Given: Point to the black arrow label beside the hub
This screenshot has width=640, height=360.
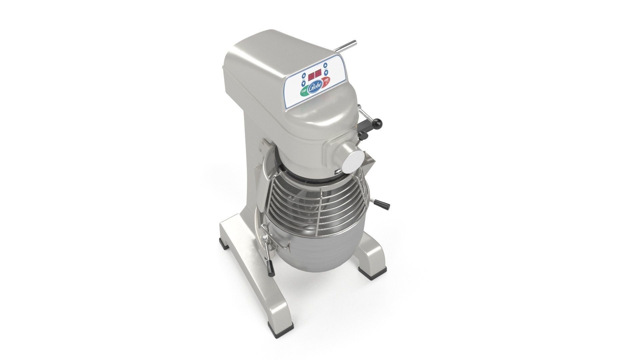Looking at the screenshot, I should pos(338,172).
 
